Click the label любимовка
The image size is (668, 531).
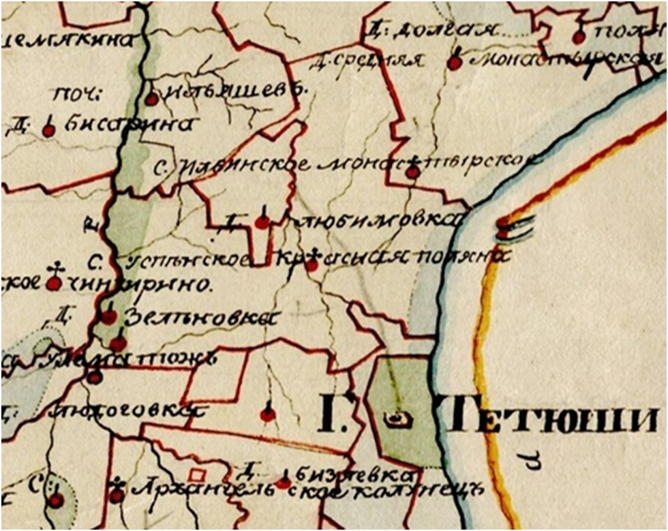375,220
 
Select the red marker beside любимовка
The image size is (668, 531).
262,222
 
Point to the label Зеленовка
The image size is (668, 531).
202,318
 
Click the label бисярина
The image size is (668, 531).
130,125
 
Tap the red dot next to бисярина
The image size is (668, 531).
48,130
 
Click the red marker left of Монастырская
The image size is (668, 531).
455,63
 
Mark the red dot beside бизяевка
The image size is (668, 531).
284,483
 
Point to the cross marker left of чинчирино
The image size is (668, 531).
54,283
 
